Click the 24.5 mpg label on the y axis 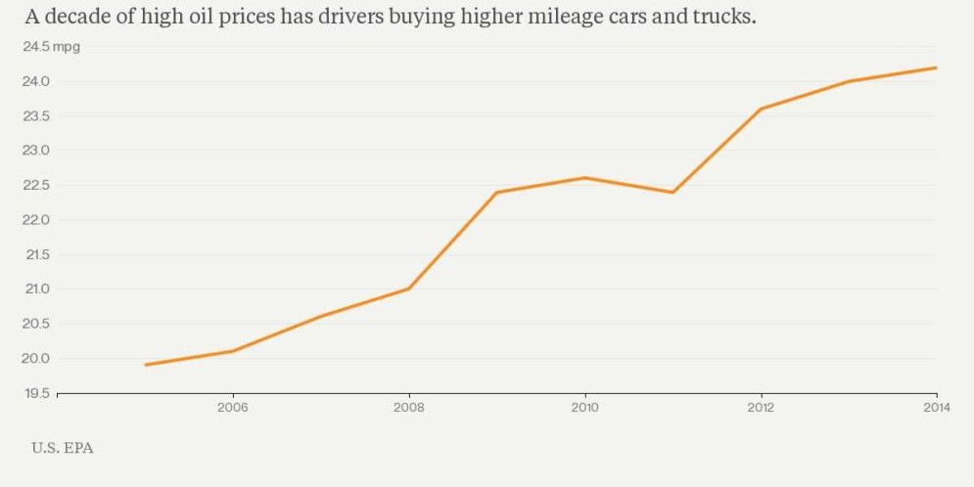point(51,47)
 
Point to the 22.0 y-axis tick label point(35,219)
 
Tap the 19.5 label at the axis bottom point(35,393)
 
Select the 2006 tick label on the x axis point(232,408)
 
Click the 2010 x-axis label point(584,408)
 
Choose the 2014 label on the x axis point(937,408)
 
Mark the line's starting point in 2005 point(145,365)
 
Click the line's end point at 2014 point(937,67)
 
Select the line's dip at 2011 point(673,192)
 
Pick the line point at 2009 point(496,192)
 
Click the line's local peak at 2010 point(584,178)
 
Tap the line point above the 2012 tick point(761,109)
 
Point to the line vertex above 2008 point(408,288)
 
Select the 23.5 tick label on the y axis point(35,115)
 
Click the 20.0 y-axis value point(35,358)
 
